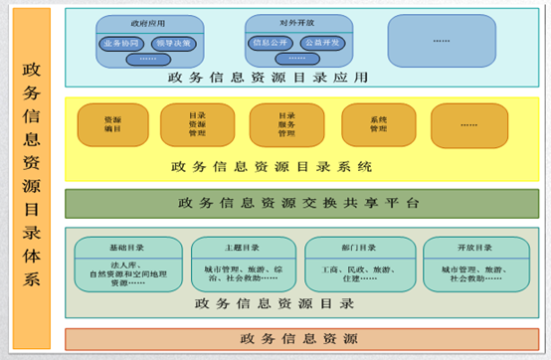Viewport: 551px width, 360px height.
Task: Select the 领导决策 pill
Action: pos(171,44)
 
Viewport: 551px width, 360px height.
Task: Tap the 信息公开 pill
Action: pos(269,44)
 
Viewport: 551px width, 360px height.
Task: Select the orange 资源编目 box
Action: pos(112,124)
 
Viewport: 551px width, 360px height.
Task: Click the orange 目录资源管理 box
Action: pos(197,124)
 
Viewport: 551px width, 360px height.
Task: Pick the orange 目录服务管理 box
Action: pos(286,124)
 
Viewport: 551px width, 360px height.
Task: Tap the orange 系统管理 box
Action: pos(378,124)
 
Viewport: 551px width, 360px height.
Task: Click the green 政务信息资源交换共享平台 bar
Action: pos(301,203)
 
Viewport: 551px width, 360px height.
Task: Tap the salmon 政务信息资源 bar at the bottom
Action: pos(301,339)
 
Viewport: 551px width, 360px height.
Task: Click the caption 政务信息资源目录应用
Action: pos(269,78)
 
